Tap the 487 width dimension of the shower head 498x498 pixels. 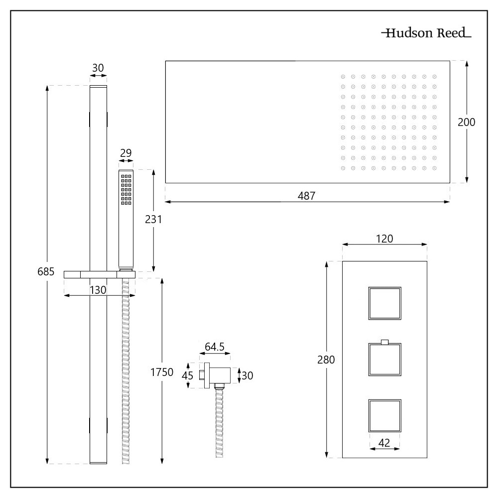point(307,196)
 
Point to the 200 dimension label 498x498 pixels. point(467,122)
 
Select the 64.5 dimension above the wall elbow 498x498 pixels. point(215,346)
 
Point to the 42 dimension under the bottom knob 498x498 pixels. point(385,443)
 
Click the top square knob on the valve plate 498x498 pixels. point(384,303)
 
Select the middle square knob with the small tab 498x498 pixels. point(384,359)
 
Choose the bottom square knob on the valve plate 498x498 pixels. point(384,415)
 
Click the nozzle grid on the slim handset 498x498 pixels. point(125,189)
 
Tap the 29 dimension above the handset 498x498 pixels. point(125,153)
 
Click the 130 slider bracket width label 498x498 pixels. point(98,290)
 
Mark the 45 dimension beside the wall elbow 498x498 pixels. point(187,375)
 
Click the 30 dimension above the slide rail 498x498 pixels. point(98,67)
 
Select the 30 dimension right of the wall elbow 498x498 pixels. point(248,375)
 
